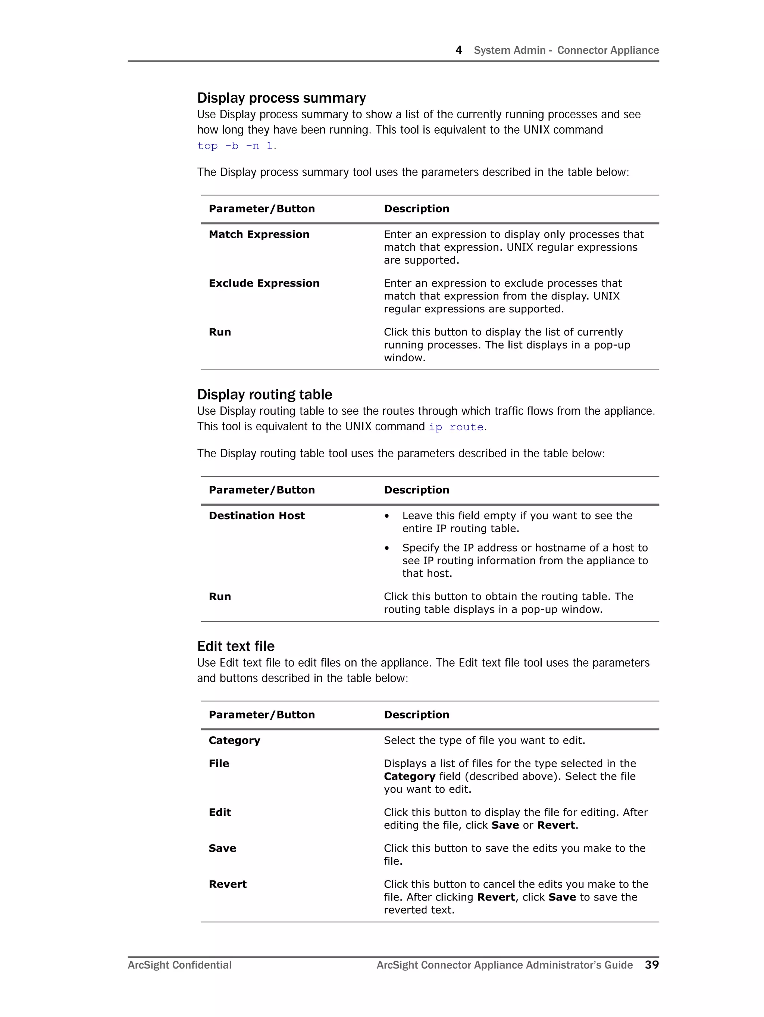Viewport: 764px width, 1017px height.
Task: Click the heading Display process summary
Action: pyautogui.click(x=281, y=98)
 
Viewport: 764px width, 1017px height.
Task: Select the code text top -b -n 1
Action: pyautogui.click(x=235, y=146)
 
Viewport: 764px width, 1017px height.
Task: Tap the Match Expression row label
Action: pyautogui.click(x=259, y=234)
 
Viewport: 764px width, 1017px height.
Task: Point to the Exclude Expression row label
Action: pyautogui.click(x=264, y=283)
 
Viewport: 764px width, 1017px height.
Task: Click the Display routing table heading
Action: pyautogui.click(x=264, y=394)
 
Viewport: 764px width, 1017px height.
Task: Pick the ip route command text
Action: pyautogui.click(x=456, y=427)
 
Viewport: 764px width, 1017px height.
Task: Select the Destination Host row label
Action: pyautogui.click(x=257, y=516)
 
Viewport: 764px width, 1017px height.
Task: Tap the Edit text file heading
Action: pyautogui.click(x=236, y=646)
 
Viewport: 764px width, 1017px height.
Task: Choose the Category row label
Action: pyautogui.click(x=234, y=741)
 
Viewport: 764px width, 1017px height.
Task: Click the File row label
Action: pyautogui.click(x=219, y=764)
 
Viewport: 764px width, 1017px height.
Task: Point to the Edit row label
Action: pyautogui.click(x=220, y=812)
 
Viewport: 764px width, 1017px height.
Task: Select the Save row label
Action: pyautogui.click(x=222, y=848)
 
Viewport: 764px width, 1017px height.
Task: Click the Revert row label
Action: pyautogui.click(x=228, y=884)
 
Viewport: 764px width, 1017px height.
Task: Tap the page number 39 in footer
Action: pyautogui.click(x=651, y=965)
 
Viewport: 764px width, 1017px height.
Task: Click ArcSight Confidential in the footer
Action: pyautogui.click(x=180, y=965)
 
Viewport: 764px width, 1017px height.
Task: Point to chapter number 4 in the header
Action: pyautogui.click(x=458, y=50)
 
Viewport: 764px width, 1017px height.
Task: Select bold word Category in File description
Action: pyautogui.click(x=410, y=777)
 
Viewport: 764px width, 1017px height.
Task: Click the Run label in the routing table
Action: pyautogui.click(x=220, y=597)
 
